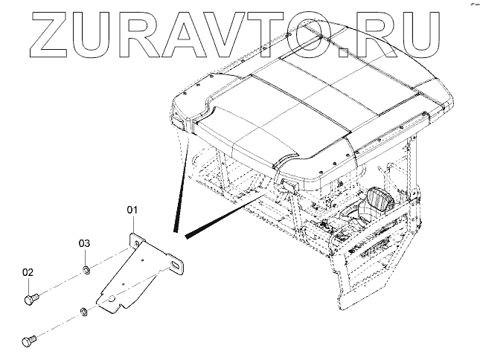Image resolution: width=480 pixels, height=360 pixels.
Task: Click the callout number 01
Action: [133, 211]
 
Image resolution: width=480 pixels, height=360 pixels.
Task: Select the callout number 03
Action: [86, 243]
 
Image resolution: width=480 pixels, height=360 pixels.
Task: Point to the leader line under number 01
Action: [133, 224]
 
